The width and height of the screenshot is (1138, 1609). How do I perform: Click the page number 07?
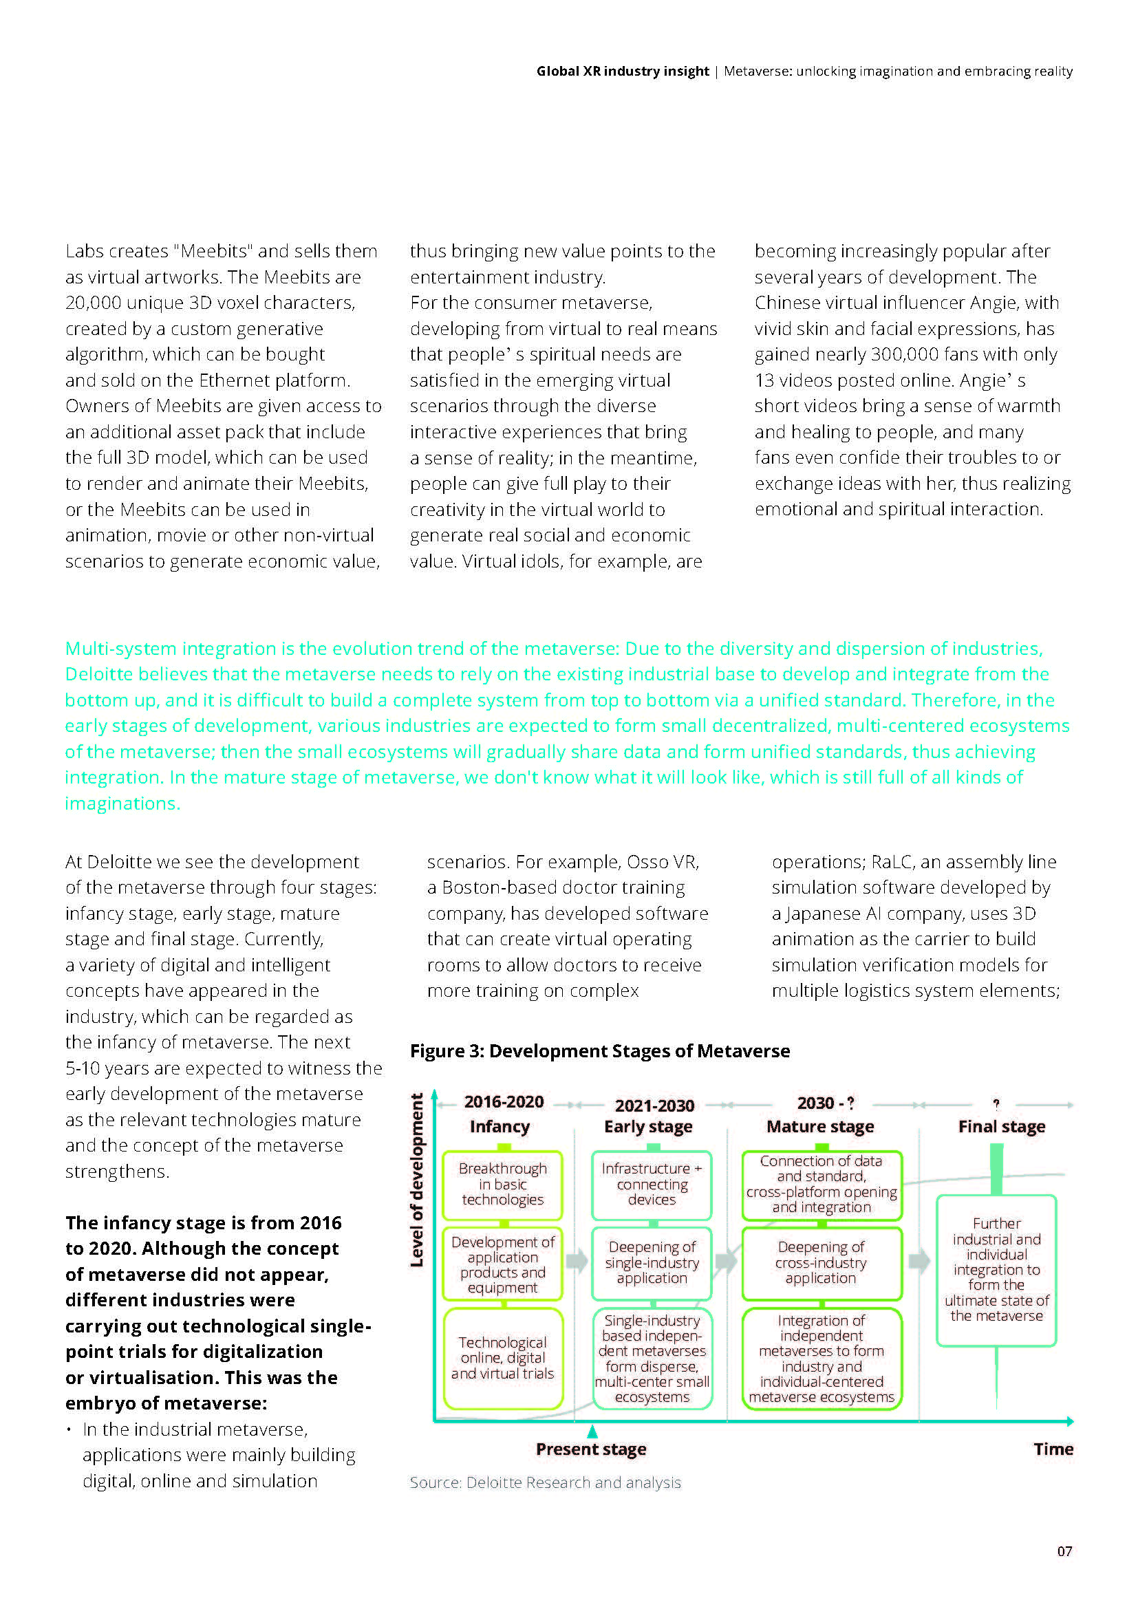pyautogui.click(x=1064, y=1551)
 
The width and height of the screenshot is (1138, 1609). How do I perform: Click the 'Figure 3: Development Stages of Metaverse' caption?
pyautogui.click(x=600, y=1051)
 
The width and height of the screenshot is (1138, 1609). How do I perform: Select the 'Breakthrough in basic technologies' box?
pyautogui.click(x=502, y=1185)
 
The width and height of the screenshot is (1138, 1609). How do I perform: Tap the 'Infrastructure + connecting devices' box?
pyautogui.click(x=652, y=1185)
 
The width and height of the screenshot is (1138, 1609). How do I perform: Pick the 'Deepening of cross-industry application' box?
pyautogui.click(x=822, y=1262)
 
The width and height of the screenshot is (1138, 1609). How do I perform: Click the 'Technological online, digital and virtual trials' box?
pyautogui.click(x=502, y=1357)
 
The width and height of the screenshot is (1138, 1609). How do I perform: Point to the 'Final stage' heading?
pyautogui.click(x=1001, y=1126)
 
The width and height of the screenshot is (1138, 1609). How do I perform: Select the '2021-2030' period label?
pyautogui.click(x=654, y=1105)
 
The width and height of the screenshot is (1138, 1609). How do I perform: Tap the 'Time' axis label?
pyautogui.click(x=1053, y=1449)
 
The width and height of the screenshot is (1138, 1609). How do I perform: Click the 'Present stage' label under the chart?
pyautogui.click(x=591, y=1449)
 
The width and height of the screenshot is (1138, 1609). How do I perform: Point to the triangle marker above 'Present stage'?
pyautogui.click(x=593, y=1431)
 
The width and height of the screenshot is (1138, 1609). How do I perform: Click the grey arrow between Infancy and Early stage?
pyautogui.click(x=577, y=1262)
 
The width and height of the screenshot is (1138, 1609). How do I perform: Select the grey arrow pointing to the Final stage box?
pyautogui.click(x=919, y=1262)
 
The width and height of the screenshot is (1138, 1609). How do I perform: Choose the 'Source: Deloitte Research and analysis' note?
pyautogui.click(x=545, y=1482)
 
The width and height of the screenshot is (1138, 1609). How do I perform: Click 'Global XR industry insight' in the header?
pyautogui.click(x=622, y=71)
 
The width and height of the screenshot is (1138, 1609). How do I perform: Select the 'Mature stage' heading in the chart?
pyautogui.click(x=820, y=1126)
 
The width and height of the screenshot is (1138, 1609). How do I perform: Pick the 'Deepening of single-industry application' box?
pyautogui.click(x=652, y=1262)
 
